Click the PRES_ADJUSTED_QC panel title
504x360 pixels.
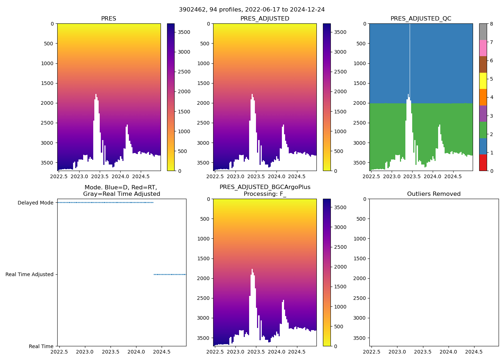pos(421,19)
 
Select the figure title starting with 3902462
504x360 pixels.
pos(252,10)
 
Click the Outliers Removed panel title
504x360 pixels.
pos(434,194)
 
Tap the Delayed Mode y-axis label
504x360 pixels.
pos(35,203)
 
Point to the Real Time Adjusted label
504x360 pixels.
pos(30,274)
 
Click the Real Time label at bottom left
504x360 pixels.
pos(41,346)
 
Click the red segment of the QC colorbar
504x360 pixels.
pos(483,163)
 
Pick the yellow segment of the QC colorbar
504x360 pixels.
pos(483,81)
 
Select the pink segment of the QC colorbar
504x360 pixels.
pos(483,48)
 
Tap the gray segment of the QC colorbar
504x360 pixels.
pos(483,32)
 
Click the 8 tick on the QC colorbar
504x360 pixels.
pos(491,24)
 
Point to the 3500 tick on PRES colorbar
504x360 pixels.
pos(184,32)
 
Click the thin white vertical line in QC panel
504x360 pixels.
pos(410,58)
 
